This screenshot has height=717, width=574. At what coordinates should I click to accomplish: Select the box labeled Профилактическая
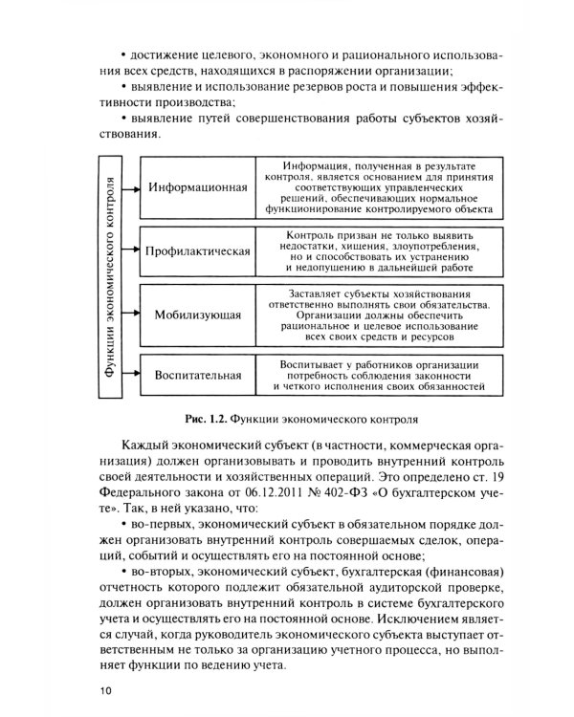tap(197, 251)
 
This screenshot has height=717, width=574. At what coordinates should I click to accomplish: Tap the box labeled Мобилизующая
tap(197, 314)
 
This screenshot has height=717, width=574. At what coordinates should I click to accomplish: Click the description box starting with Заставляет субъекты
tap(381, 314)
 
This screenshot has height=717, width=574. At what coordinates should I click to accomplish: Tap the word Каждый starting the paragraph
tap(146, 447)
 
